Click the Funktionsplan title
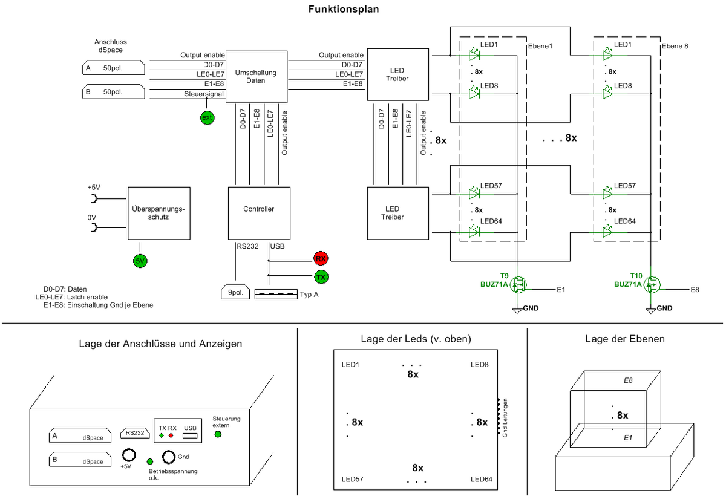pos(344,9)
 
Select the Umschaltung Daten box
pos(256,77)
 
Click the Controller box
pos(258,209)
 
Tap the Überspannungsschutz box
pos(158,213)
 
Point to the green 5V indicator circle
pos(140,261)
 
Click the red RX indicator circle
pos(321,259)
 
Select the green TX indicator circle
pos(321,277)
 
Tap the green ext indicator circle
pos(208,117)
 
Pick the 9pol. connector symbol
pos(234,293)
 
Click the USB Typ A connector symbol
pos(275,295)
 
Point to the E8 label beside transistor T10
pos(695,290)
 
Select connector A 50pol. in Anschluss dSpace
pos(113,68)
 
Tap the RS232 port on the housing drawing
pos(135,432)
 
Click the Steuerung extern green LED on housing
pos(218,434)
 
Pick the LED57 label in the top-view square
pos(353,480)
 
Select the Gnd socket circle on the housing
pos(168,456)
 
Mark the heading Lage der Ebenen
pos(625,339)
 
